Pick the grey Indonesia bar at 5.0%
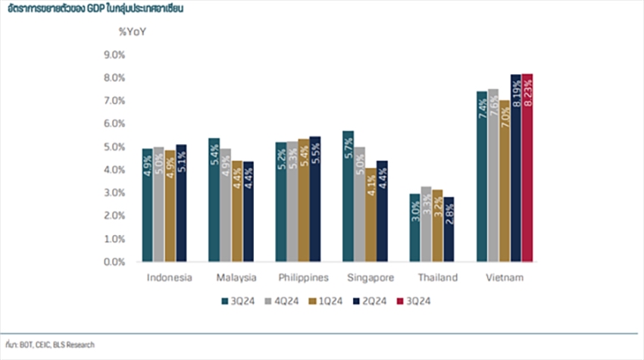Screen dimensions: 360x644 point(158,204)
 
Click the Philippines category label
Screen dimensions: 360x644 point(302,278)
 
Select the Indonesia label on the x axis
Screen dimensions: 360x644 point(170,278)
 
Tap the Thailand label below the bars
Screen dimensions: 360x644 point(437,278)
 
